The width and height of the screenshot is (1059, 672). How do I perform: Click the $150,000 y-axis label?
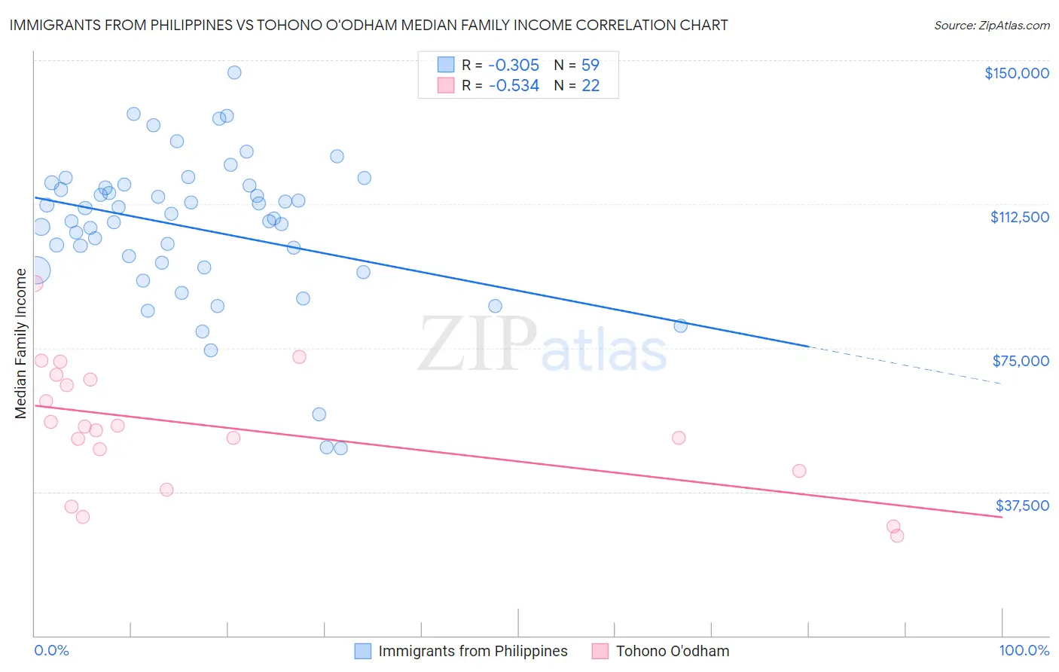pyautogui.click(x=1016, y=73)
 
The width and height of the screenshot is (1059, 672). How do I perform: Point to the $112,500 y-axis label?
pyautogui.click(x=1019, y=217)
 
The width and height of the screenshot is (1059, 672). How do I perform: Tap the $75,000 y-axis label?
pyautogui.click(x=1021, y=361)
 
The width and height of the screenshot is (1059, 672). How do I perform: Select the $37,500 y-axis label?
pyautogui.click(x=1021, y=506)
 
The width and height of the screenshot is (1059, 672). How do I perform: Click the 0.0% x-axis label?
pyautogui.click(x=52, y=651)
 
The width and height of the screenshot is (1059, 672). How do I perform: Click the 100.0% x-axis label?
pyautogui.click(x=1024, y=651)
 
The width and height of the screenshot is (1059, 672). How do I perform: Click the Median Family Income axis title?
pyautogui.click(x=20, y=343)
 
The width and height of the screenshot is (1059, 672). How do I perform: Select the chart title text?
pyautogui.click(x=368, y=26)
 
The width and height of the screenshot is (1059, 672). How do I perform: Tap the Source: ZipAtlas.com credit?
pyautogui.click(x=991, y=26)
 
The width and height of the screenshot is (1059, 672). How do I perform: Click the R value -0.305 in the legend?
pyautogui.click(x=514, y=66)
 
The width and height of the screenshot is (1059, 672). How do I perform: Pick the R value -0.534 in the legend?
pyautogui.click(x=514, y=86)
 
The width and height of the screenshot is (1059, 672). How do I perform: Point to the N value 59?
pyautogui.click(x=590, y=66)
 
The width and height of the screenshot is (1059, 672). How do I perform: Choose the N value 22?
pyautogui.click(x=590, y=86)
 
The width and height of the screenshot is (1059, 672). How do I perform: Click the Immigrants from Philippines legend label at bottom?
pyautogui.click(x=472, y=651)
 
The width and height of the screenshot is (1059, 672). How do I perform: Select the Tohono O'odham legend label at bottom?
pyautogui.click(x=672, y=651)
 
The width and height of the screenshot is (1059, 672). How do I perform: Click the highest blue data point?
pyautogui.click(x=234, y=72)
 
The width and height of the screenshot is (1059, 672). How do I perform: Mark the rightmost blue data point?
pyautogui.click(x=680, y=325)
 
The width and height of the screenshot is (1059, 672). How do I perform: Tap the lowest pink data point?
pyautogui.click(x=897, y=536)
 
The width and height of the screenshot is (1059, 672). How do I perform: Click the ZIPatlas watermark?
pyautogui.click(x=542, y=345)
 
